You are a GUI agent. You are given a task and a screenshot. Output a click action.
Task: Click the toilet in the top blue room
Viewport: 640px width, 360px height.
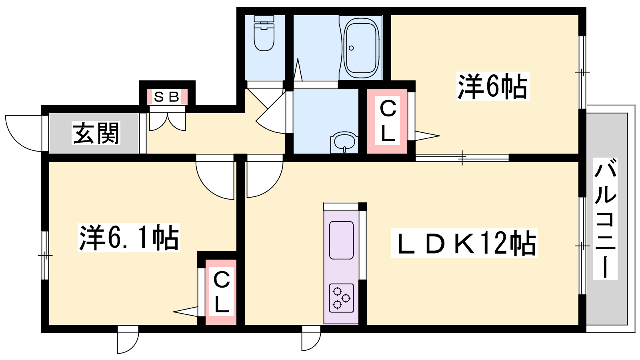[264, 34]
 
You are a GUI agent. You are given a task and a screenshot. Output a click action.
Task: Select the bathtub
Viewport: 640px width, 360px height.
[361, 48]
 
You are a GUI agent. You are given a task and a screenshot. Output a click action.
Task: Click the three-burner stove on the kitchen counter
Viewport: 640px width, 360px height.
[341, 298]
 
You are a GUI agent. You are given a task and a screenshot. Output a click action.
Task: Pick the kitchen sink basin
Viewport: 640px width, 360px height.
[341, 240]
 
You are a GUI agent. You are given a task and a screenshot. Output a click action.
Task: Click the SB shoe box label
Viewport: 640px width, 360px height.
[166, 97]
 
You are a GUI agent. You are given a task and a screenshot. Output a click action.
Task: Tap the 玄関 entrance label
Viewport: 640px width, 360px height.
[96, 133]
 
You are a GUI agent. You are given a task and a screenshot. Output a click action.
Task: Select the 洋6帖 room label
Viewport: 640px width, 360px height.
[492, 86]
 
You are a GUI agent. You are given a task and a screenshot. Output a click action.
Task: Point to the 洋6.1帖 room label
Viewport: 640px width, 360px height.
[129, 238]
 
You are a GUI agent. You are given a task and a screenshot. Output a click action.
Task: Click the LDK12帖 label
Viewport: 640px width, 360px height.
[464, 243]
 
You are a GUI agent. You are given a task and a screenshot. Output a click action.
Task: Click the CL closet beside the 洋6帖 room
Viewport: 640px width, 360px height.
[387, 121]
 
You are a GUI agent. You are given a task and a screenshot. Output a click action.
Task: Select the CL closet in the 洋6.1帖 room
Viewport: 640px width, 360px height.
[221, 292]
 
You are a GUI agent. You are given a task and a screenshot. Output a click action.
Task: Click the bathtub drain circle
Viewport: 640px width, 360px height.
[351, 48]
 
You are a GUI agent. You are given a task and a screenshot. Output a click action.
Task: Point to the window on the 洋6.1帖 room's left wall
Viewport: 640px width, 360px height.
[45, 255]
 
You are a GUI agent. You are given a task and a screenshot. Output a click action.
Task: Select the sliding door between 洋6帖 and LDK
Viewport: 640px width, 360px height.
[462, 158]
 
